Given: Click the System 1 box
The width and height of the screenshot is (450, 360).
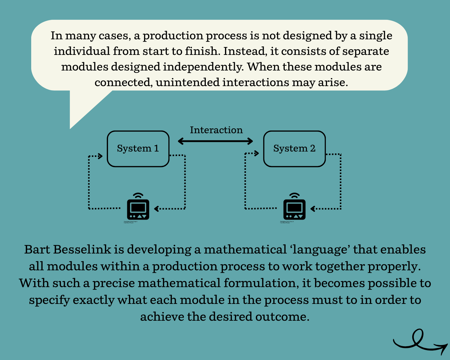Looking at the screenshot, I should point(138,149).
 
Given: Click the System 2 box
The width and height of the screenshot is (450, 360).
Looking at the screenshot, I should point(294,149).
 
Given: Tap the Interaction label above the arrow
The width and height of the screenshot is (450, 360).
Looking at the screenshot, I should point(216,130).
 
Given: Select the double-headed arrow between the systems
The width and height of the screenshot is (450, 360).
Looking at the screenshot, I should point(215,141).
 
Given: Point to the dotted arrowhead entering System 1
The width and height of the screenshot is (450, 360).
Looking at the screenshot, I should point(100,156).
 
